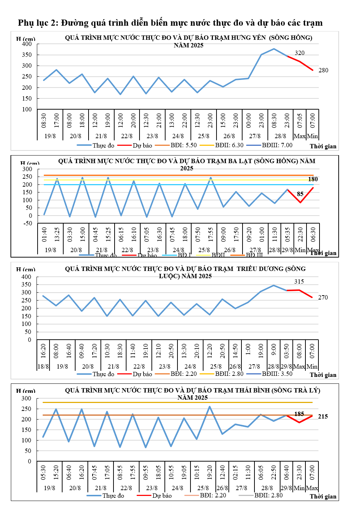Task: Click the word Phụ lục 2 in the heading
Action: pyautogui.click(x=38, y=23)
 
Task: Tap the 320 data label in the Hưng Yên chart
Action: pyautogui.click(x=300, y=53)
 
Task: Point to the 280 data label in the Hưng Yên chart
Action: pyautogui.click(x=323, y=70)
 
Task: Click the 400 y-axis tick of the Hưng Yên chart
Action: pyautogui.click(x=27, y=44)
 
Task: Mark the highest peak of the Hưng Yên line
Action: pyautogui.click(x=274, y=49)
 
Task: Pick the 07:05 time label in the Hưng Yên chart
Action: pyautogui.click(x=300, y=120)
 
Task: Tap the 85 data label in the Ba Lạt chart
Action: pyautogui.click(x=300, y=194)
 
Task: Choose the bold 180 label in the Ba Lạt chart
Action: pyautogui.click(x=313, y=179)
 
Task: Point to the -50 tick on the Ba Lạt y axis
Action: pyautogui.click(x=27, y=224)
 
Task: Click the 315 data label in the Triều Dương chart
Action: pyautogui.click(x=299, y=281)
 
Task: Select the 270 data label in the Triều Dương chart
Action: pyautogui.click(x=323, y=297)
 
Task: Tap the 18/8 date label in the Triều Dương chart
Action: pyautogui.click(x=43, y=366)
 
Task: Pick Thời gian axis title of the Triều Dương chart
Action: pyautogui.click(x=323, y=375)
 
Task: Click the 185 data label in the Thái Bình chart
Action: pyautogui.click(x=299, y=414)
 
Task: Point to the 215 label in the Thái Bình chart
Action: pyautogui.click(x=323, y=416)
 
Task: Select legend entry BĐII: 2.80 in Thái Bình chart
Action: pyautogui.click(x=268, y=495)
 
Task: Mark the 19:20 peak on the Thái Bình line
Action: pyautogui.click(x=210, y=407)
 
